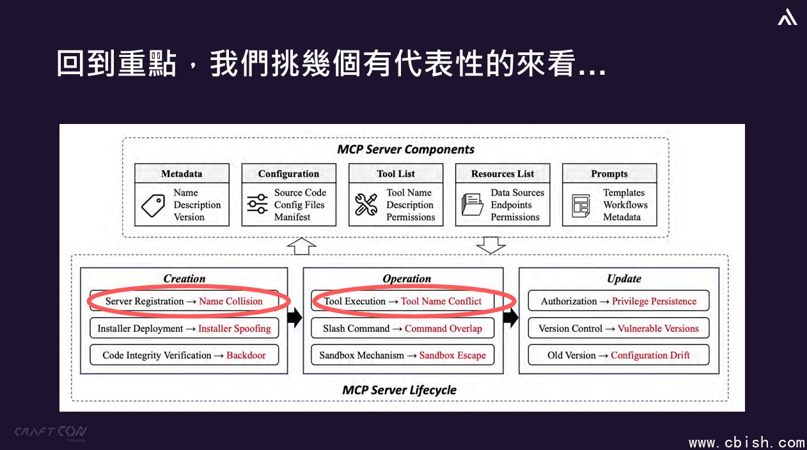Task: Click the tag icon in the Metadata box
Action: [x=153, y=205]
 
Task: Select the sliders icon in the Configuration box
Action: [x=257, y=204]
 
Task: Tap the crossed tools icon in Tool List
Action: [x=366, y=204]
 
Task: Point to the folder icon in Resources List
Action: [x=473, y=204]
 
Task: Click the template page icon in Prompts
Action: [x=581, y=206]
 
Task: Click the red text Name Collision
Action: [x=231, y=301]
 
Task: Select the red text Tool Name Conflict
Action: [x=441, y=301]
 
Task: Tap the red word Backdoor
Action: [x=246, y=355]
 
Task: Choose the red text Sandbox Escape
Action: [x=453, y=355]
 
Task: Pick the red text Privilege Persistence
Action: [x=654, y=301]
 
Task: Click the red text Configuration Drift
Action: [x=650, y=355]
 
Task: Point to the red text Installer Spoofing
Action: [x=235, y=329]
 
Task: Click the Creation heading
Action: [x=184, y=279]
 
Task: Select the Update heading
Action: [x=624, y=279]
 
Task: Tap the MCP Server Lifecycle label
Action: [x=399, y=390]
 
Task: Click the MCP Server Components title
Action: [x=405, y=150]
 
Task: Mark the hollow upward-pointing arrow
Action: [x=302, y=246]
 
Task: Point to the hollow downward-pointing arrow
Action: [x=490, y=245]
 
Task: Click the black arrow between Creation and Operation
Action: [x=295, y=318]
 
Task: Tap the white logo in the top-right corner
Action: [x=787, y=17]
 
